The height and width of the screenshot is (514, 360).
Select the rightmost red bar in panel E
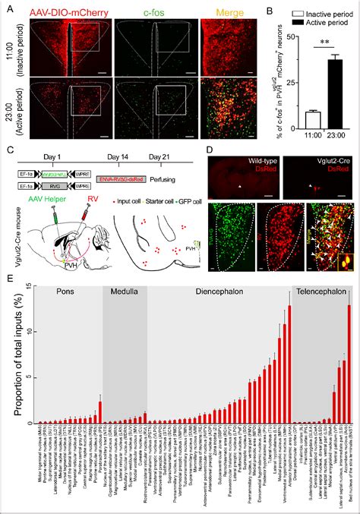(349, 364)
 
